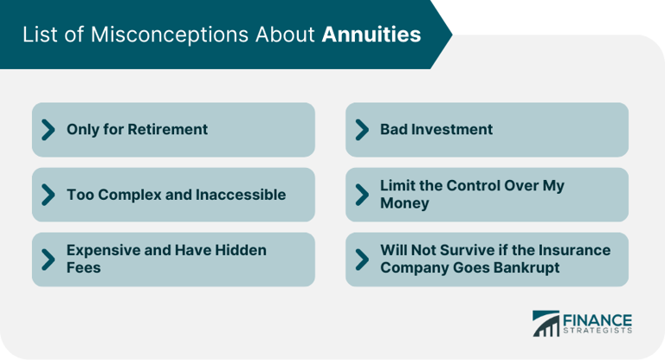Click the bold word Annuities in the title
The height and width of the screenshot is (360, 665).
click(x=371, y=35)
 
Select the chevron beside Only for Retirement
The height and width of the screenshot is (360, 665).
click(x=48, y=130)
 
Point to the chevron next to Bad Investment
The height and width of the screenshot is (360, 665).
click(x=362, y=130)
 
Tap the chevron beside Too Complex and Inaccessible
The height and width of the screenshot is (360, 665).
click(x=48, y=195)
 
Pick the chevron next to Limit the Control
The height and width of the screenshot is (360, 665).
click(x=362, y=195)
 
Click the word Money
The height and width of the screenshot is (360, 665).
click(x=404, y=203)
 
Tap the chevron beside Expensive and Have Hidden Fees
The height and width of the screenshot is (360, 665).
click(x=48, y=259)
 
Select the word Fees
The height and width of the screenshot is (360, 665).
click(x=84, y=268)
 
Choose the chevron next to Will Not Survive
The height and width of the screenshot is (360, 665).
click(x=362, y=259)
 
